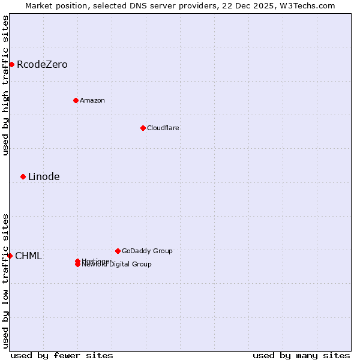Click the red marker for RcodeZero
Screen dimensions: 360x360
[11, 64]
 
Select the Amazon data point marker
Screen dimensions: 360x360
[76, 100]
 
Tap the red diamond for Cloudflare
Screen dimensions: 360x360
[143, 128]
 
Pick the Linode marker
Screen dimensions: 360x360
[23, 176]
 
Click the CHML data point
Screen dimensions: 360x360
[10, 256]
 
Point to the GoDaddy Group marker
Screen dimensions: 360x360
[118, 251]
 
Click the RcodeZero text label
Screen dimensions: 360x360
[42, 65]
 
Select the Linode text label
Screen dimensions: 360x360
[44, 176]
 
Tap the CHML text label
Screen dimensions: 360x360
[28, 256]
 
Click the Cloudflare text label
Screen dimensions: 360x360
[163, 128]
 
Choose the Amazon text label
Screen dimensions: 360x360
[92, 100]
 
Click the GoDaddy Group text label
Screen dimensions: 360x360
[147, 251]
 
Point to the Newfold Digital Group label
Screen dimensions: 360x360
[117, 265]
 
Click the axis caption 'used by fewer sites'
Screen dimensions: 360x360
[62, 355]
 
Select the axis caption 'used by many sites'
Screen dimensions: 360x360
[301, 355]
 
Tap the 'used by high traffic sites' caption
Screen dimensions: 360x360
[5, 85]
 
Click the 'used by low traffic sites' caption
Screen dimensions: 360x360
[5, 281]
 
